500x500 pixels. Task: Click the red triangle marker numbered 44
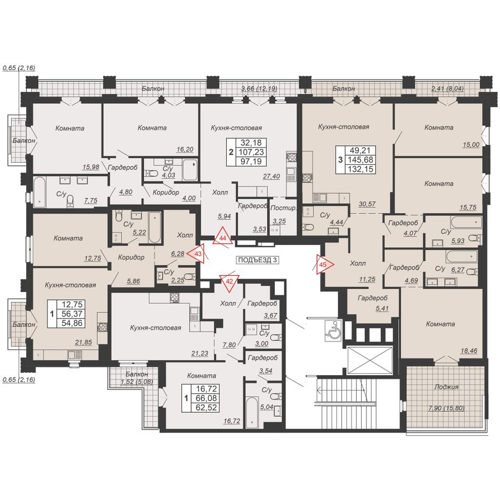click(x=223, y=237)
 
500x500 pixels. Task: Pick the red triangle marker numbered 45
click(x=324, y=264)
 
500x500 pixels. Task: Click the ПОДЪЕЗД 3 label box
click(x=257, y=260)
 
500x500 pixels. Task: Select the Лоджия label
click(x=446, y=387)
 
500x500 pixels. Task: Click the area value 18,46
click(x=469, y=351)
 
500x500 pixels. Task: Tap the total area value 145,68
click(x=361, y=159)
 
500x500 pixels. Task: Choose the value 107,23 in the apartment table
click(x=251, y=152)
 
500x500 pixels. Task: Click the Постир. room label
click(x=283, y=208)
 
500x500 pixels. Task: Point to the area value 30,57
click(x=367, y=204)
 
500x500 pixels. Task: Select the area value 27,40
click(x=272, y=176)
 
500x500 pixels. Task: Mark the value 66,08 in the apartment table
click(x=206, y=398)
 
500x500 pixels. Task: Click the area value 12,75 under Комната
click(x=93, y=258)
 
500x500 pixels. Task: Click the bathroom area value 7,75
click(x=91, y=201)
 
